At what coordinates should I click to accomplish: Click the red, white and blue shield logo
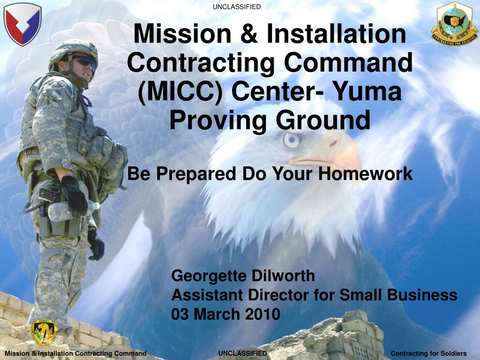pyautogui.click(x=22, y=24)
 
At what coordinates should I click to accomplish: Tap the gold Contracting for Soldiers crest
pyautogui.click(x=454, y=23)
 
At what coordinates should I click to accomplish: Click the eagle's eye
pyautogui.click(x=292, y=140)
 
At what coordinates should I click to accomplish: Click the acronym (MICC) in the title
pyautogui.click(x=180, y=92)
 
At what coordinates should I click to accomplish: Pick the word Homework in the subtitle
pyautogui.click(x=365, y=173)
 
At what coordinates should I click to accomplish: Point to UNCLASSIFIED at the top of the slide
pyautogui.click(x=237, y=7)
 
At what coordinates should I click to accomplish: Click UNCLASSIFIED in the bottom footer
pyautogui.click(x=242, y=353)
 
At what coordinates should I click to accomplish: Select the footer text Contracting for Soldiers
pyautogui.click(x=428, y=353)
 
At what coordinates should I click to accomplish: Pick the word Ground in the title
pyautogui.click(x=323, y=120)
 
